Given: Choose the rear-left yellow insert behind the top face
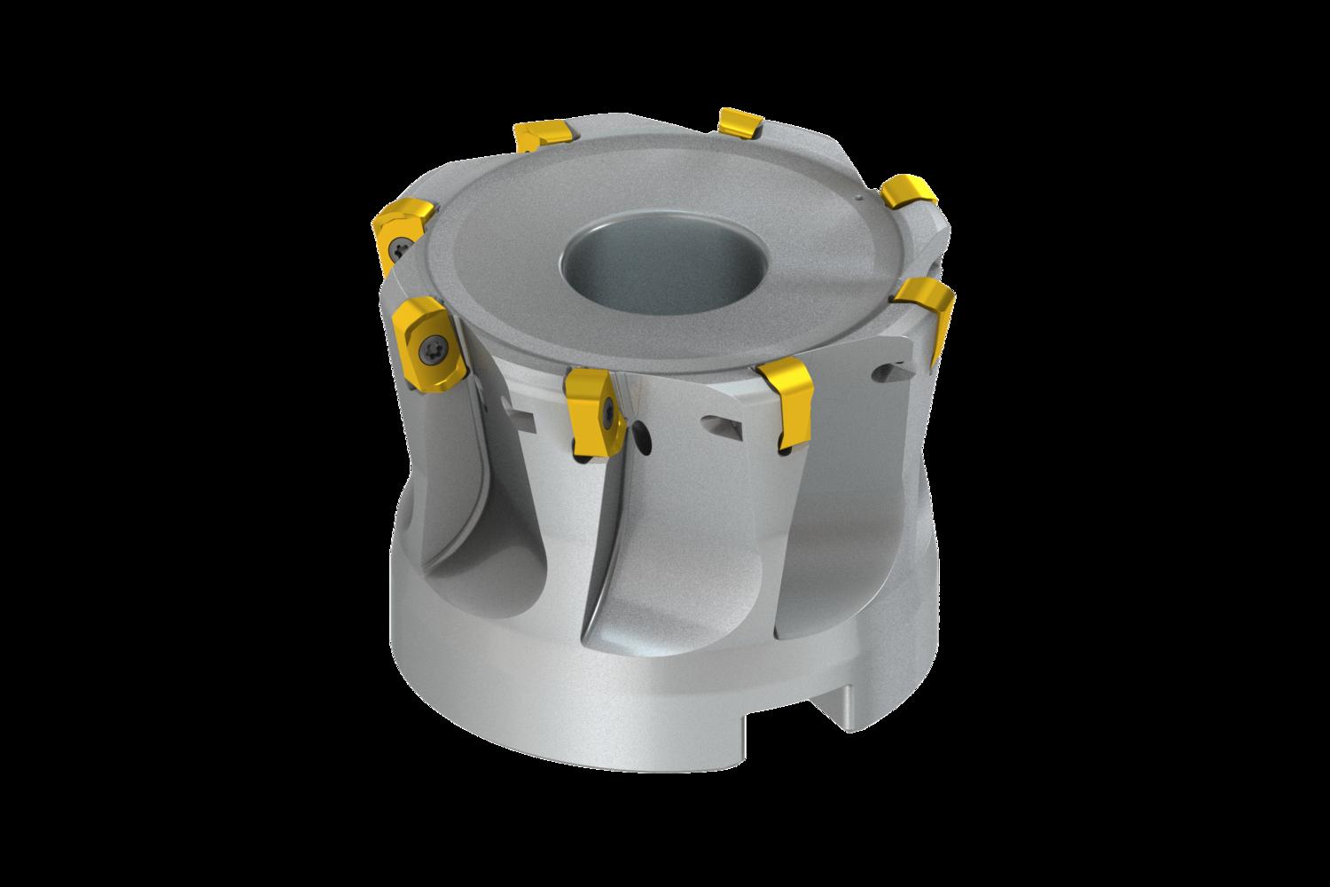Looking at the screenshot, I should click(x=540, y=136).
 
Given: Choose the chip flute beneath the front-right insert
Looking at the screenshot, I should click(x=825, y=550).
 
